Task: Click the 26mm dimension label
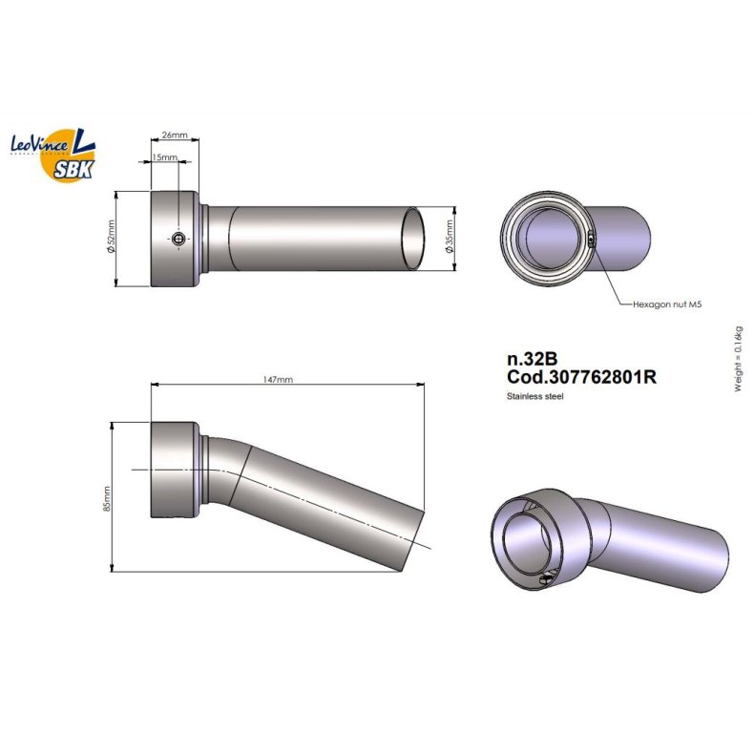click(175, 136)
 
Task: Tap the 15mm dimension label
click(164, 157)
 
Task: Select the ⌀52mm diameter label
click(111, 237)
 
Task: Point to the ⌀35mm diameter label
click(450, 237)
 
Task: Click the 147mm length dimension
click(278, 380)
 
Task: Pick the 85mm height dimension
click(107, 498)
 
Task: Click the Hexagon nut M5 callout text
click(667, 304)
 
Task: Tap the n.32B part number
click(533, 359)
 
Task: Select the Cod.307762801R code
click(581, 376)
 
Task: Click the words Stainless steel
click(534, 396)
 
